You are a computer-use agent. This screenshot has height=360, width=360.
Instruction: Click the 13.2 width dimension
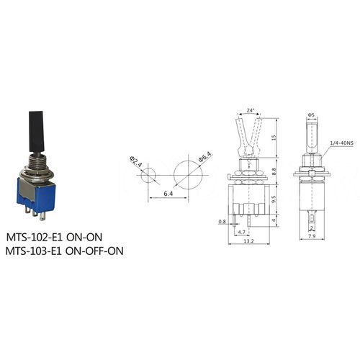[249, 242]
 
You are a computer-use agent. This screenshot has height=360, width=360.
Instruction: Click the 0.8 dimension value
[222, 222]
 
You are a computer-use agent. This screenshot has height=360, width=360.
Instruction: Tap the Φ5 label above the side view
[310, 113]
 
